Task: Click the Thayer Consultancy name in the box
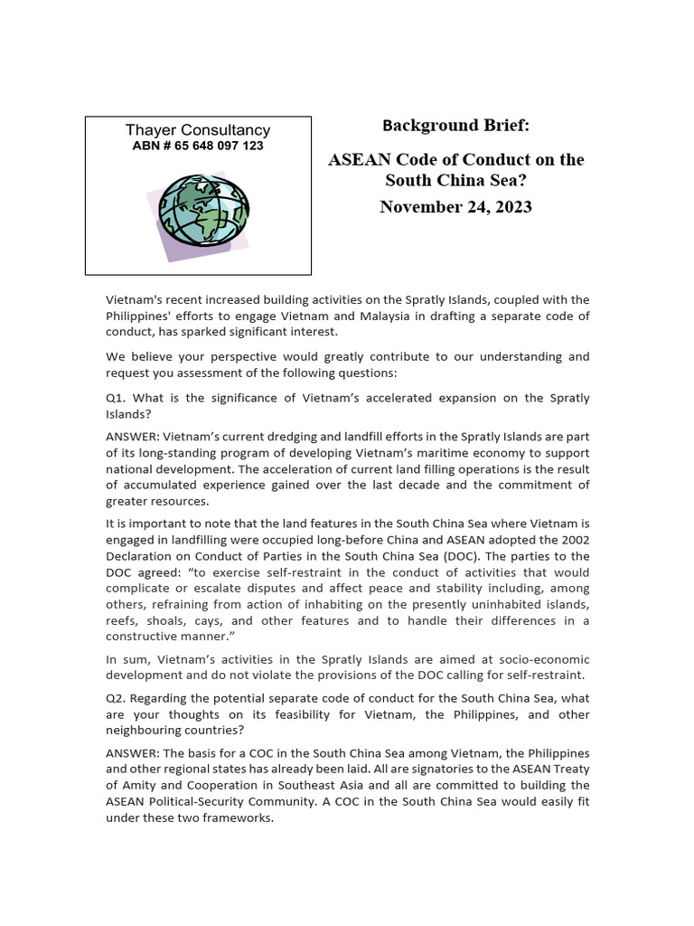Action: (197, 130)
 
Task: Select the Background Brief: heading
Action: (455, 125)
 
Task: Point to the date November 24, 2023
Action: (455, 207)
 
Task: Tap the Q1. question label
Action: (117, 399)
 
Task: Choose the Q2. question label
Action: (117, 697)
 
